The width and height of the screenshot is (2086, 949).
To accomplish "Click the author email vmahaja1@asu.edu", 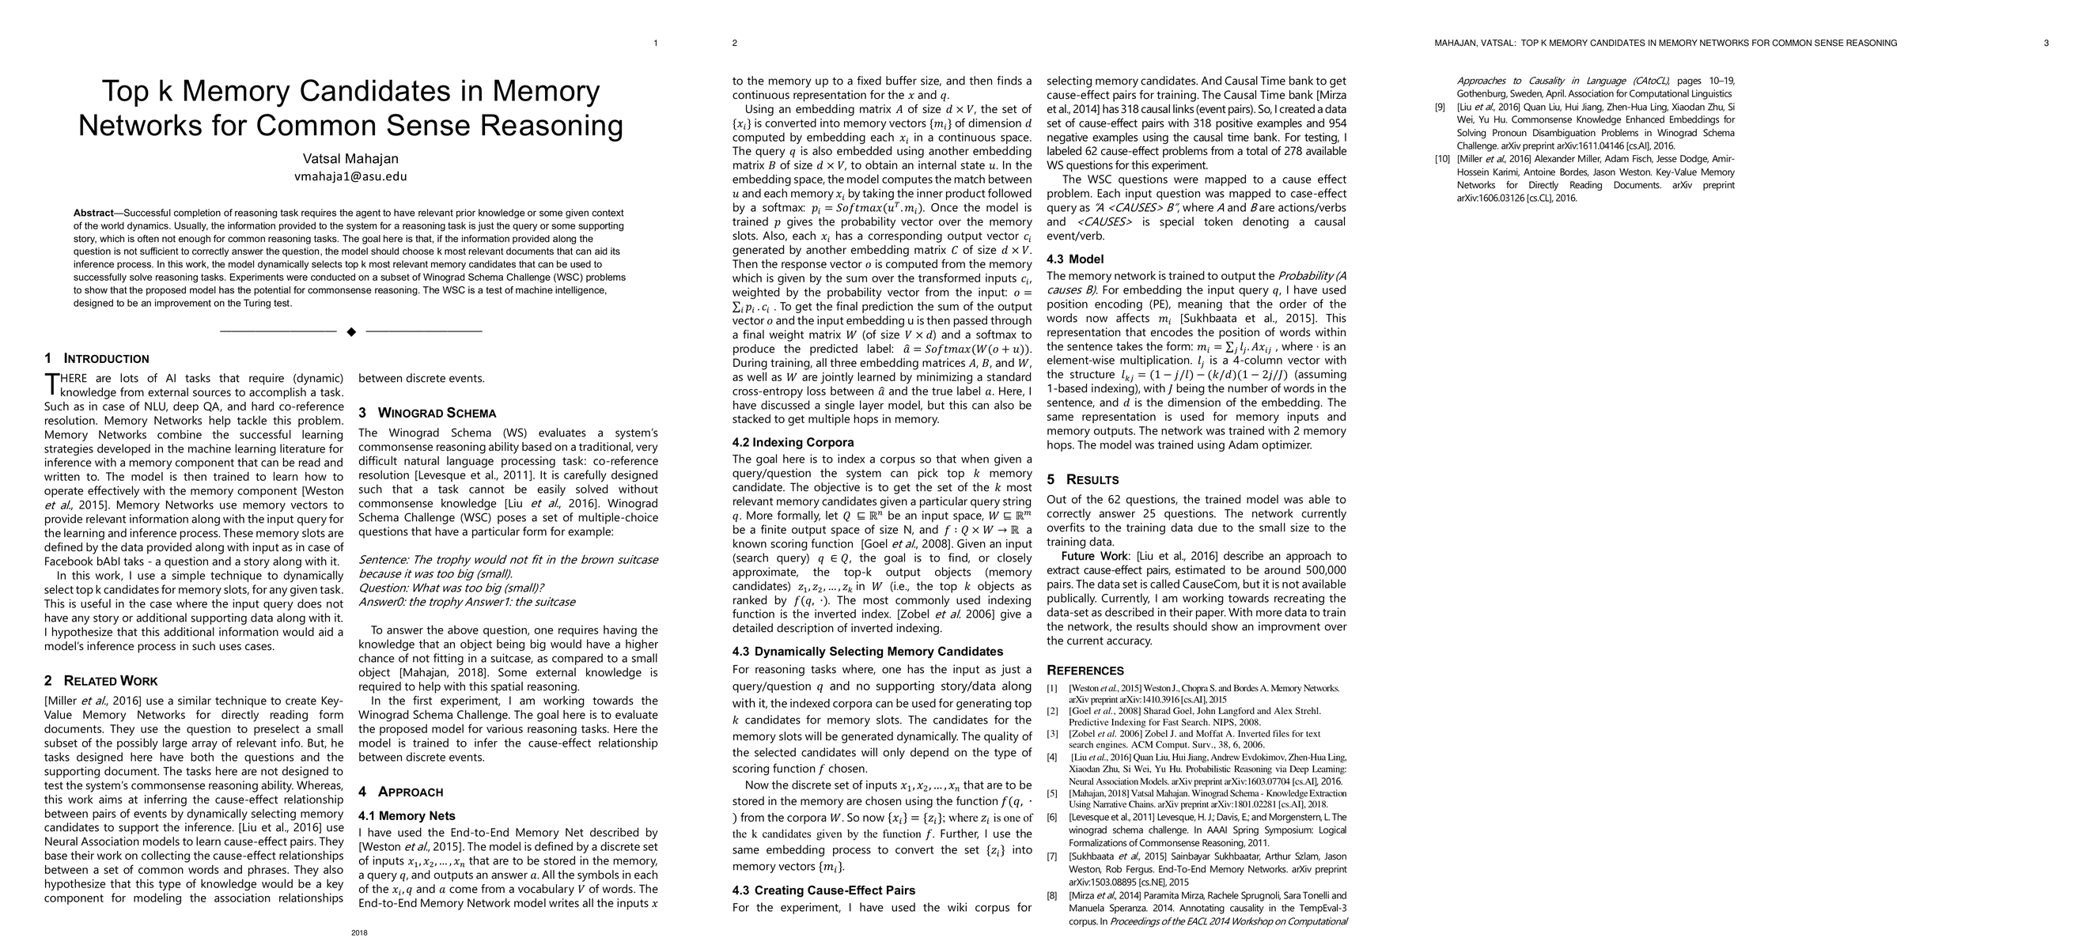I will [350, 176].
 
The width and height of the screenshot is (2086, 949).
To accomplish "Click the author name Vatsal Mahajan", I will [350, 159].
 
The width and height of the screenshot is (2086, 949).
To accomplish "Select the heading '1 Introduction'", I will [97, 359].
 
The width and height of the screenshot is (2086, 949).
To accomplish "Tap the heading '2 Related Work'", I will [100, 681].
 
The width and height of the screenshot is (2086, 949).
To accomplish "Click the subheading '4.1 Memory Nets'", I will [407, 815].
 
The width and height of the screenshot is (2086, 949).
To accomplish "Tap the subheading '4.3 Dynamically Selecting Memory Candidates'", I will [867, 651].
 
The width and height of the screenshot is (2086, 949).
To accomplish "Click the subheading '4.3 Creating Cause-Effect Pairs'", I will [823, 890].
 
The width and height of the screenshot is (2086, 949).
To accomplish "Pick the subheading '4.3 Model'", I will [1074, 259].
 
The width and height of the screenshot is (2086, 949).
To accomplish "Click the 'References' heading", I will [1085, 671].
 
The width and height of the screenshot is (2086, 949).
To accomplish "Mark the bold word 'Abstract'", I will [93, 213].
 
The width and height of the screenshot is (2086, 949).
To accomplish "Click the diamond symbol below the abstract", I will [350, 331].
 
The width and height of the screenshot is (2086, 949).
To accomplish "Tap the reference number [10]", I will [1442, 159].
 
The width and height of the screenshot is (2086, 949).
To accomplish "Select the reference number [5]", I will [1052, 793].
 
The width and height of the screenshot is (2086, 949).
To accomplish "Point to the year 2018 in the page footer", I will [360, 933].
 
